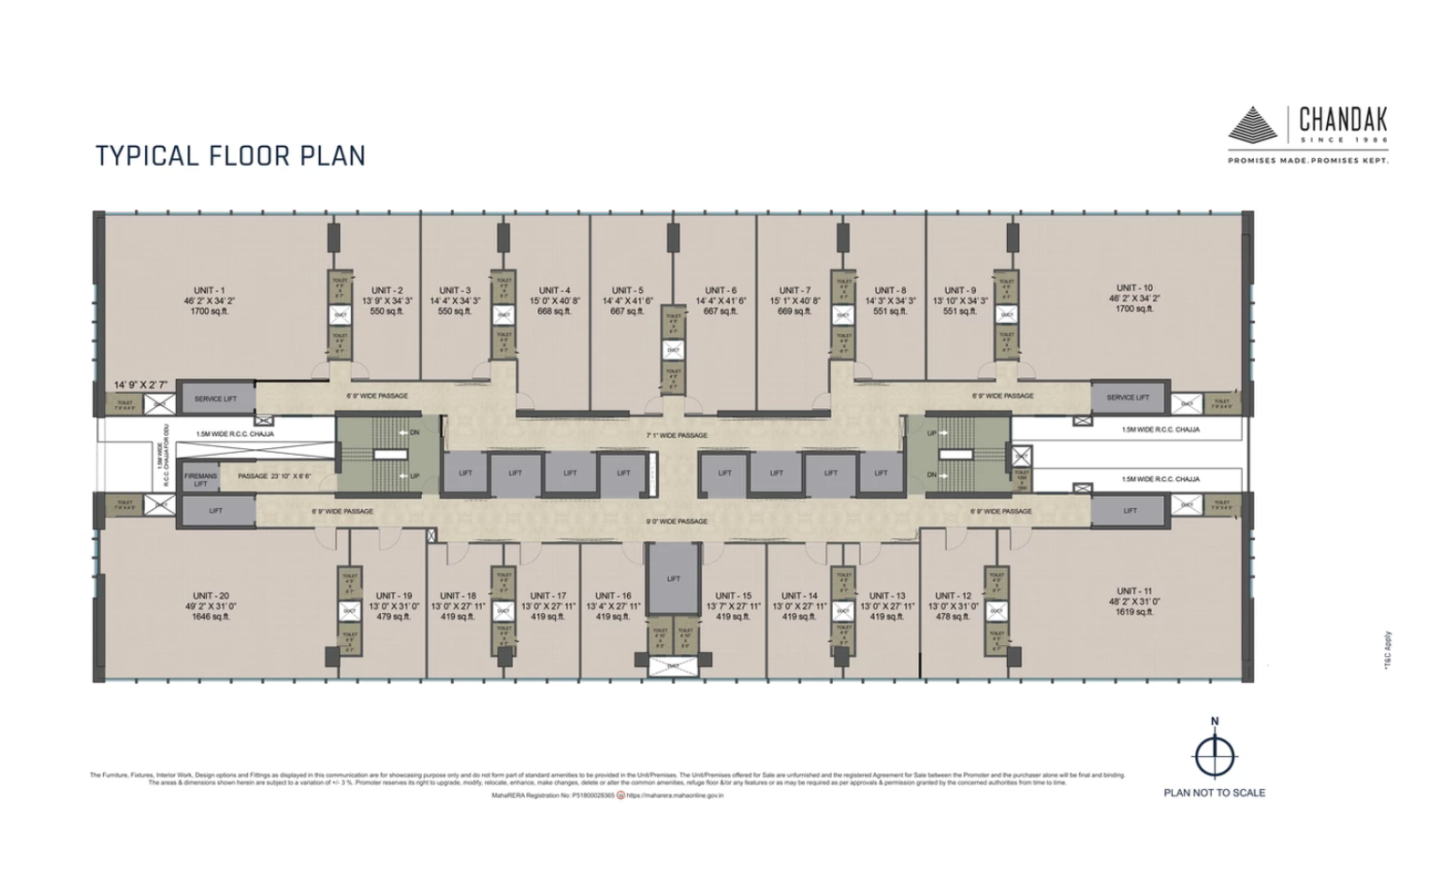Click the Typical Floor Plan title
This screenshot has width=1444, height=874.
pyautogui.click(x=230, y=155)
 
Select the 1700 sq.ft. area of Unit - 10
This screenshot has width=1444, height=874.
pyautogui.click(x=1134, y=309)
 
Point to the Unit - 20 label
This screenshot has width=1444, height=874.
pyautogui.click(x=211, y=596)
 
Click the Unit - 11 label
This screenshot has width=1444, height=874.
pyautogui.click(x=1133, y=591)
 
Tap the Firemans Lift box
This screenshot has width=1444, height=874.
pyautogui.click(x=200, y=480)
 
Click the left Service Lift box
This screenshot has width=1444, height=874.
pyautogui.click(x=215, y=399)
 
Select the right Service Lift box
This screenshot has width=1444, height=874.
pyautogui.click(x=1127, y=398)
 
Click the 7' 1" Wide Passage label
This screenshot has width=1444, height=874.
pyautogui.click(x=677, y=435)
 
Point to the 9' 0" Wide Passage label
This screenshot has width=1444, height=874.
pyautogui.click(x=677, y=521)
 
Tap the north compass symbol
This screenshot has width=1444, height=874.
pyautogui.click(x=1215, y=754)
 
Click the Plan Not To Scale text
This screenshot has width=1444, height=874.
pyautogui.click(x=1214, y=793)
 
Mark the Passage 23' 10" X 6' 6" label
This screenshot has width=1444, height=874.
pyautogui.click(x=274, y=476)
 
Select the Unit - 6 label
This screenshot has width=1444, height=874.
pyautogui.click(x=721, y=290)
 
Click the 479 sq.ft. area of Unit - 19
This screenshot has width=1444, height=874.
pyautogui.click(x=394, y=617)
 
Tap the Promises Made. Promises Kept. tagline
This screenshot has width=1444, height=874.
pyautogui.click(x=1308, y=161)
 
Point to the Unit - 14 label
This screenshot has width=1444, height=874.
pyautogui.click(x=799, y=596)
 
